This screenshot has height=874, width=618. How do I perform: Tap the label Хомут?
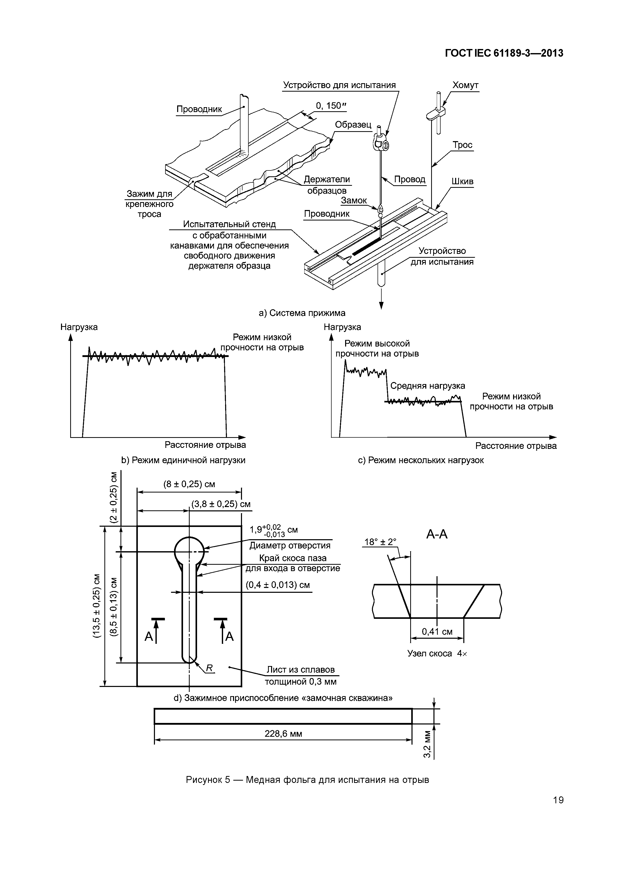click(465, 85)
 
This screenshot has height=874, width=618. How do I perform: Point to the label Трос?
click(463, 145)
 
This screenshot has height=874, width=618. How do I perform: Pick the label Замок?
click(354, 201)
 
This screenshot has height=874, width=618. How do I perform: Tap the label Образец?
click(353, 125)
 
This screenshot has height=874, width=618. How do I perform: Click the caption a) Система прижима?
click(302, 313)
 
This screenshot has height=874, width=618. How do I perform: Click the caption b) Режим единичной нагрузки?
click(183, 460)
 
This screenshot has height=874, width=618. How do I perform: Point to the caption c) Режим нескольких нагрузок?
click(421, 460)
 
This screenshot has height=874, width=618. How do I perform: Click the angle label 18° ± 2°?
click(380, 542)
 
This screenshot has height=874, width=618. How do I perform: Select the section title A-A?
click(437, 534)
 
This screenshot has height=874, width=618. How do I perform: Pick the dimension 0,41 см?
click(437, 632)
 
